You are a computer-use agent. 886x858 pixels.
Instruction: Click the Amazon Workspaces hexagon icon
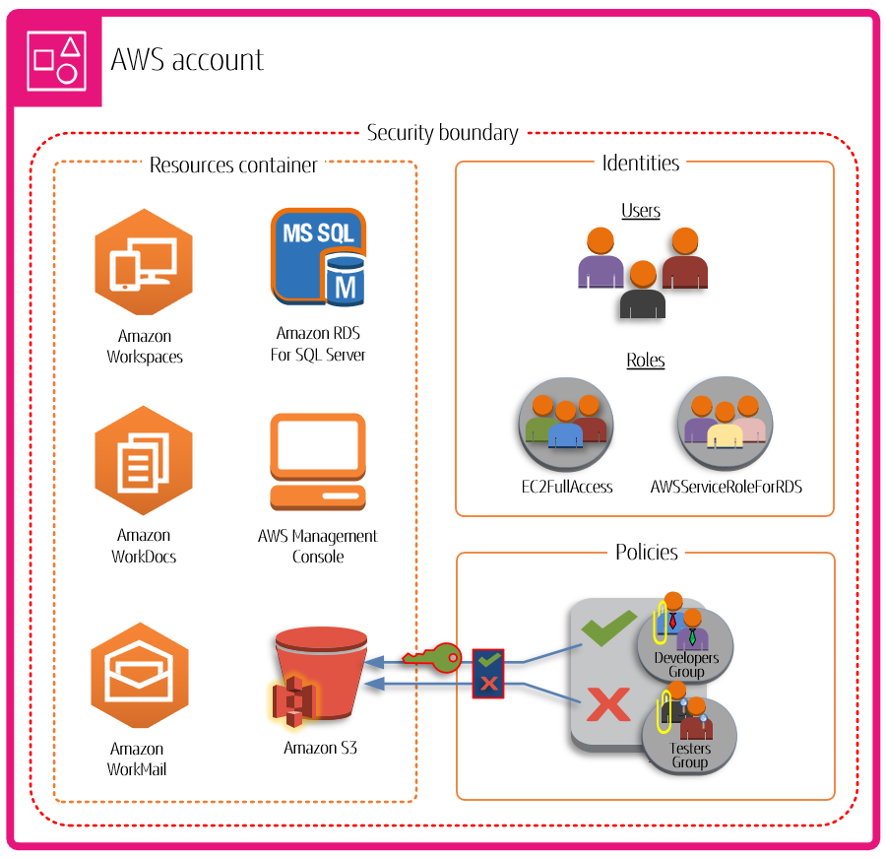pyautogui.click(x=144, y=262)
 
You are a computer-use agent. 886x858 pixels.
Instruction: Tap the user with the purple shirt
pyautogui.click(x=601, y=260)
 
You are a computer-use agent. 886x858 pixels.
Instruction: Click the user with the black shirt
pyautogui.click(x=643, y=292)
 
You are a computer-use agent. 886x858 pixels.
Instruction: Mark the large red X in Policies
pyautogui.click(x=608, y=703)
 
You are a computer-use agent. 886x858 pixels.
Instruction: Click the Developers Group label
pyautogui.click(x=686, y=664)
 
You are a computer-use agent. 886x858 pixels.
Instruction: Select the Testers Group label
pyautogui.click(x=689, y=755)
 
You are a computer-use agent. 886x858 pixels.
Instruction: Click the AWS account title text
pyautogui.click(x=187, y=60)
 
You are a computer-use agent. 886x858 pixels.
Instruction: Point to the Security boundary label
pyautogui.click(x=442, y=133)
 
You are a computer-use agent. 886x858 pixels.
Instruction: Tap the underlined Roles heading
pyautogui.click(x=645, y=361)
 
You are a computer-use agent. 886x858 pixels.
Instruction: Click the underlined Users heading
pyautogui.click(x=641, y=211)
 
